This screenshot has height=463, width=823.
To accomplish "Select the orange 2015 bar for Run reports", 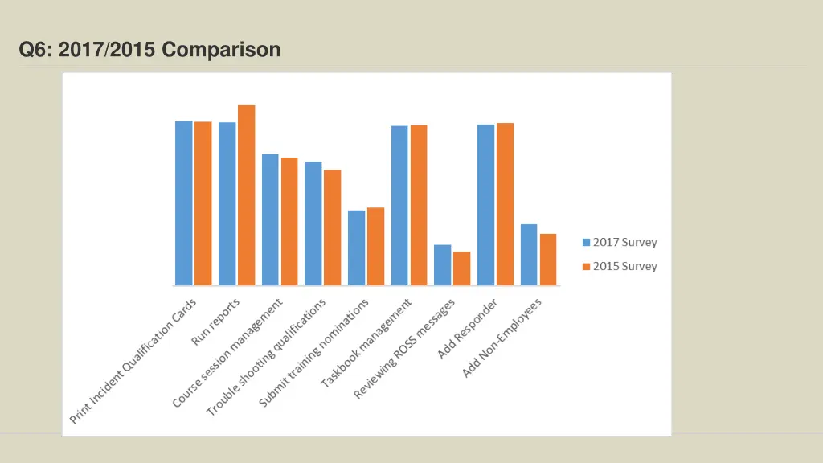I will (x=246, y=195).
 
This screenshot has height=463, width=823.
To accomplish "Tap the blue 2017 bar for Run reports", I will (x=227, y=204).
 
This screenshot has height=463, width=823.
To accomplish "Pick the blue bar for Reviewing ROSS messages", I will (x=442, y=265).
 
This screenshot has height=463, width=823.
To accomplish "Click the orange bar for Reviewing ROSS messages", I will (x=461, y=268).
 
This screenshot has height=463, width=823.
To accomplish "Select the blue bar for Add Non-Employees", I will (x=528, y=255).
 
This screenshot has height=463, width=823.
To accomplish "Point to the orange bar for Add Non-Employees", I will (x=547, y=260).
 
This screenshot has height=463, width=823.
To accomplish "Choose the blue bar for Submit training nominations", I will (x=356, y=248).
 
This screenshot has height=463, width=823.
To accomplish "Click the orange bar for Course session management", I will (x=289, y=221).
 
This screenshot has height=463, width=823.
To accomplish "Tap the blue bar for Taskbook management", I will (x=399, y=206).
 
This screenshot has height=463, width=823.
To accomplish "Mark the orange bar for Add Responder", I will (x=505, y=204).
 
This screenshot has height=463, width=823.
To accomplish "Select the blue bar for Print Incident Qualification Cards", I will (x=184, y=203).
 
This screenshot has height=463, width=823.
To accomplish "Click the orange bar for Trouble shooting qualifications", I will (x=332, y=227).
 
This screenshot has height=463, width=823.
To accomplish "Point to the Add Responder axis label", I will (x=468, y=328).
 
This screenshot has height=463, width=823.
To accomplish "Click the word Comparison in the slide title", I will (x=221, y=50).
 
